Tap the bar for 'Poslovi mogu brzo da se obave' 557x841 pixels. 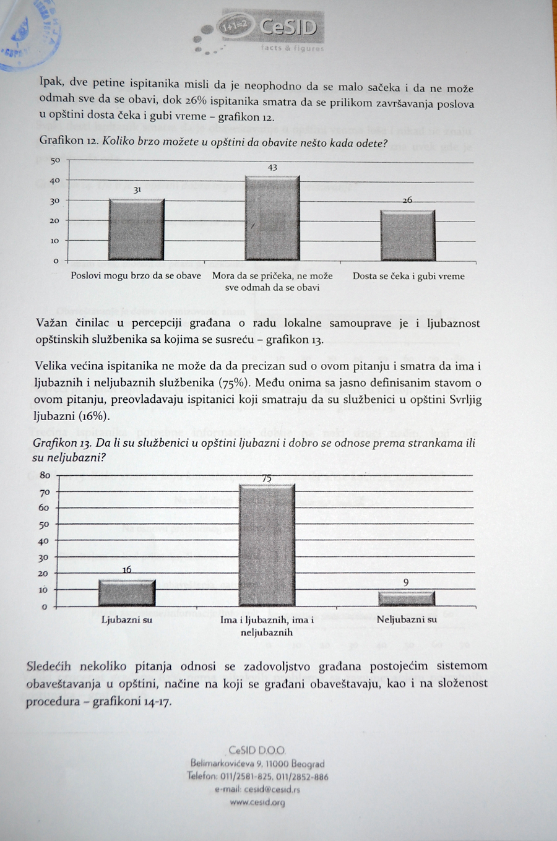136,229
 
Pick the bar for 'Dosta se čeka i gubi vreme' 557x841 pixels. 407,235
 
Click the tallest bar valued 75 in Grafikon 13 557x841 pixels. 267,545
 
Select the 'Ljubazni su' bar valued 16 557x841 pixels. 127,593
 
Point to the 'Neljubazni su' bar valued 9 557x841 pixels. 407,598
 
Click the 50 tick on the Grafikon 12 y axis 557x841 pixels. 56,161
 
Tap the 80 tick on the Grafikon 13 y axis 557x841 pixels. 45,475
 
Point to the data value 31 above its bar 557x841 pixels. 137,191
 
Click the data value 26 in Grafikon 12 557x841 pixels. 407,201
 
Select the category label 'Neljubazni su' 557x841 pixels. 407,619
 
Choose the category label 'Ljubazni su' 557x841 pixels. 126,619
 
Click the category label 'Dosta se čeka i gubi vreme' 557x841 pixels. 408,276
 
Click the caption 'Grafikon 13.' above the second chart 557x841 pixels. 61,444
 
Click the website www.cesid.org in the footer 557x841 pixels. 257,803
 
